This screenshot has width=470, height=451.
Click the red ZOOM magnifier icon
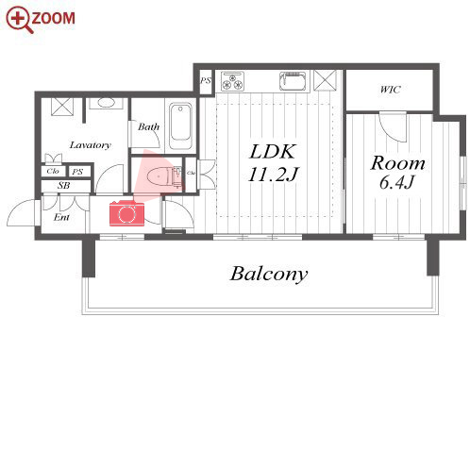tap(19, 20)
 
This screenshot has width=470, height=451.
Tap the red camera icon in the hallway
tap(126, 214)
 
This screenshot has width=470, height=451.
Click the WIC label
tap(390, 90)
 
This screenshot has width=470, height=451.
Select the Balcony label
tap(269, 274)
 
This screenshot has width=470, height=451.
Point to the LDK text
tap(273, 152)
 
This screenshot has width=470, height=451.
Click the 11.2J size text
tap(273, 175)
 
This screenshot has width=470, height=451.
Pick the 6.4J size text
tap(397, 182)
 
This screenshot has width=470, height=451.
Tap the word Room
tap(397, 163)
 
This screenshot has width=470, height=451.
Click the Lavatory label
tap(91, 145)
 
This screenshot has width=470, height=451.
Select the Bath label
tap(148, 126)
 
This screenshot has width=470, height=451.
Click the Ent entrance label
tap(61, 217)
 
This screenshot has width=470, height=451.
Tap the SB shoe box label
tap(64, 186)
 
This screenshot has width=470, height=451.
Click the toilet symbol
tap(163, 176)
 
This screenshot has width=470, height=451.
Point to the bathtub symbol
tap(180, 125)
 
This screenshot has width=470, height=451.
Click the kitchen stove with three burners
tap(232, 81)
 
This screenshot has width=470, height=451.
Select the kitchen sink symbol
tap(293, 81)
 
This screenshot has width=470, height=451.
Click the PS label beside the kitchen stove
tap(206, 80)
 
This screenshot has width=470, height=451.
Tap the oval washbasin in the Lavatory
tap(106, 103)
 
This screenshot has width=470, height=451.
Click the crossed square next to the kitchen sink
tap(326, 80)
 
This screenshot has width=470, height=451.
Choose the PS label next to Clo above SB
tap(77, 172)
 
